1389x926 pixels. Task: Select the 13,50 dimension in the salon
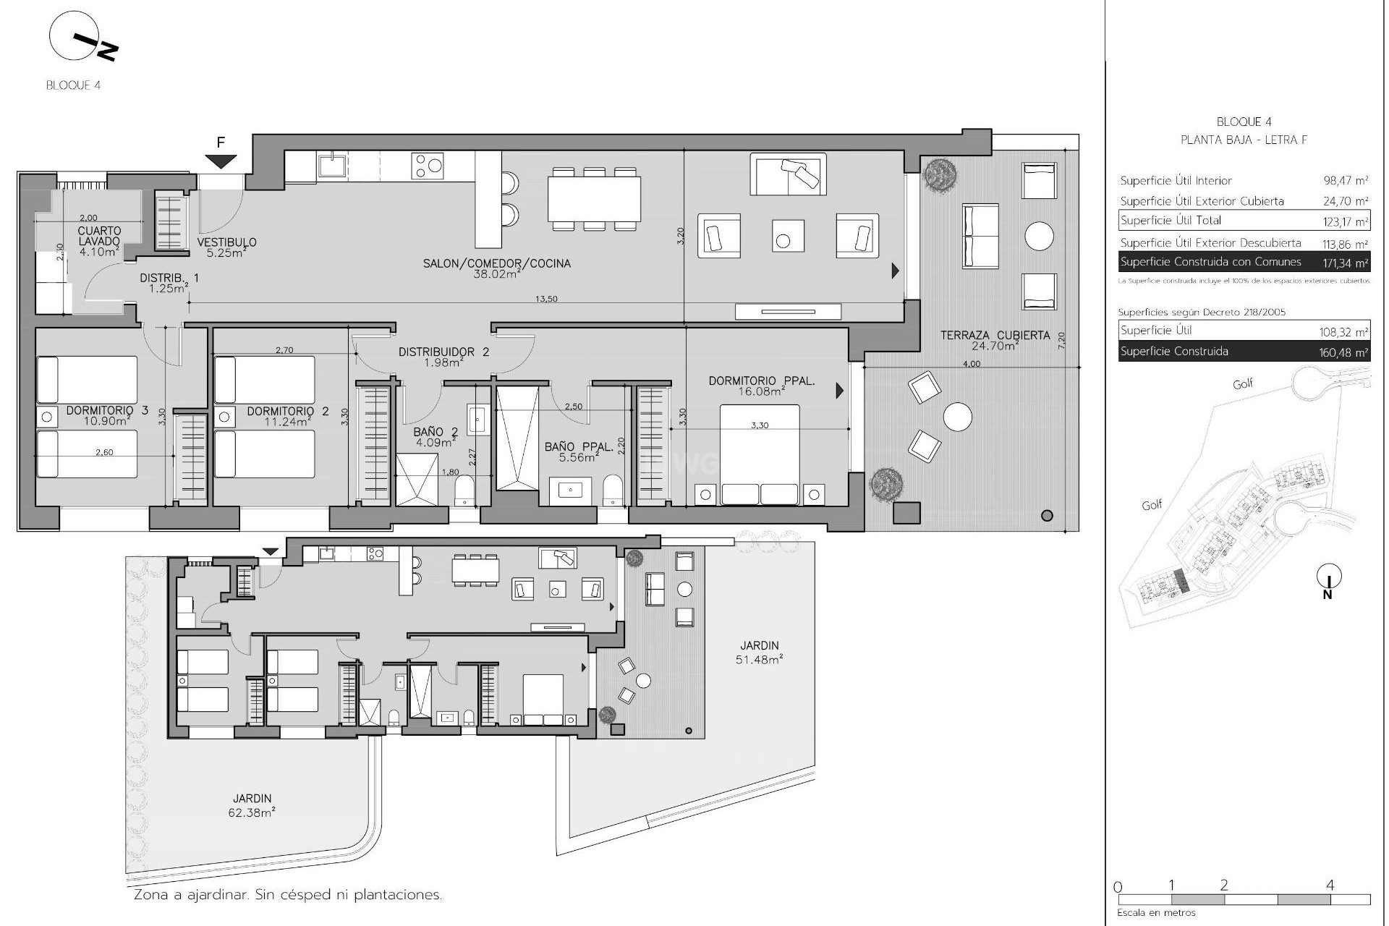pos(546,299)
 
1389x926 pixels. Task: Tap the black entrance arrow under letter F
pos(221,161)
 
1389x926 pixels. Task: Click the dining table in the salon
pos(594,199)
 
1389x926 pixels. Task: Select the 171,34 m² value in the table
pos(1345,263)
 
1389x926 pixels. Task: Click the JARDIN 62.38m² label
pos(252,805)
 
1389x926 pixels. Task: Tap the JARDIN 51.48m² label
pos(760,652)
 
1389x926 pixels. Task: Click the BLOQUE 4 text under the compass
pos(73,85)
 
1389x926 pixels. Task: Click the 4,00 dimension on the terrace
pos(972,364)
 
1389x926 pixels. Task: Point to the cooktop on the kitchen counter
pos(427,166)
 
